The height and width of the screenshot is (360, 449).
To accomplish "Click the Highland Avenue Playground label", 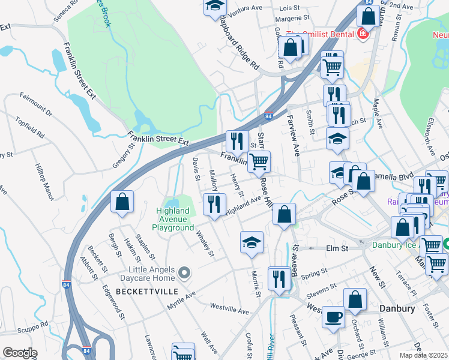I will [x=175, y=219].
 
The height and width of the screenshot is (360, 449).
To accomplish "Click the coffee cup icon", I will [x=333, y=317].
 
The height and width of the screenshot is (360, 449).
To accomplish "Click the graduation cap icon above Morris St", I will [x=252, y=242].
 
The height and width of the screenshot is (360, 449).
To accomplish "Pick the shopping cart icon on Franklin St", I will [x=259, y=161].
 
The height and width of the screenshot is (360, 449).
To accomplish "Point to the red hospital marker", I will [x=363, y=34].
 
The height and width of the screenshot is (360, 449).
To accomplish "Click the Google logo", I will [x=19, y=353].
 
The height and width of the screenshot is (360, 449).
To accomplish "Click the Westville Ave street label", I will [x=229, y=309].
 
